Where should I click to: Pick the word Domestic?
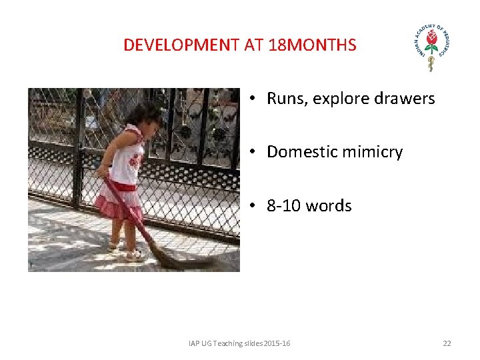(298, 152)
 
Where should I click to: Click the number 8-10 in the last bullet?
(283, 205)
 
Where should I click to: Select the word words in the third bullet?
(327, 205)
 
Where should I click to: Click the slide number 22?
(447, 343)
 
